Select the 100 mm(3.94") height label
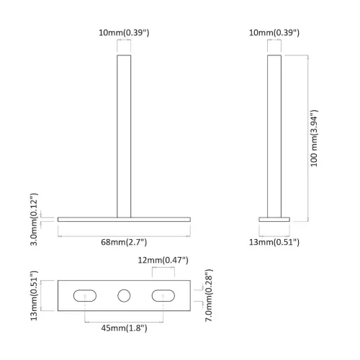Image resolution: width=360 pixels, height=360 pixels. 315,138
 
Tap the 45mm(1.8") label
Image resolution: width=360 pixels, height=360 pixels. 124,328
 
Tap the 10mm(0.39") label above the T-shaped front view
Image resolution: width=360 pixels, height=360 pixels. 125,33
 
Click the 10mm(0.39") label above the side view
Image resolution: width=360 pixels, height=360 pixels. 275,33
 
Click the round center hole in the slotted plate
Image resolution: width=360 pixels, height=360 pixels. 125,295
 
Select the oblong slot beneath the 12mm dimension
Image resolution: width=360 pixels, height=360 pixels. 163,295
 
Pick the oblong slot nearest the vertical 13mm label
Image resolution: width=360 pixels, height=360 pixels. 86,295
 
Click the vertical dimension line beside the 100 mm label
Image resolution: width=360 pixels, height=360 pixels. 308,137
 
